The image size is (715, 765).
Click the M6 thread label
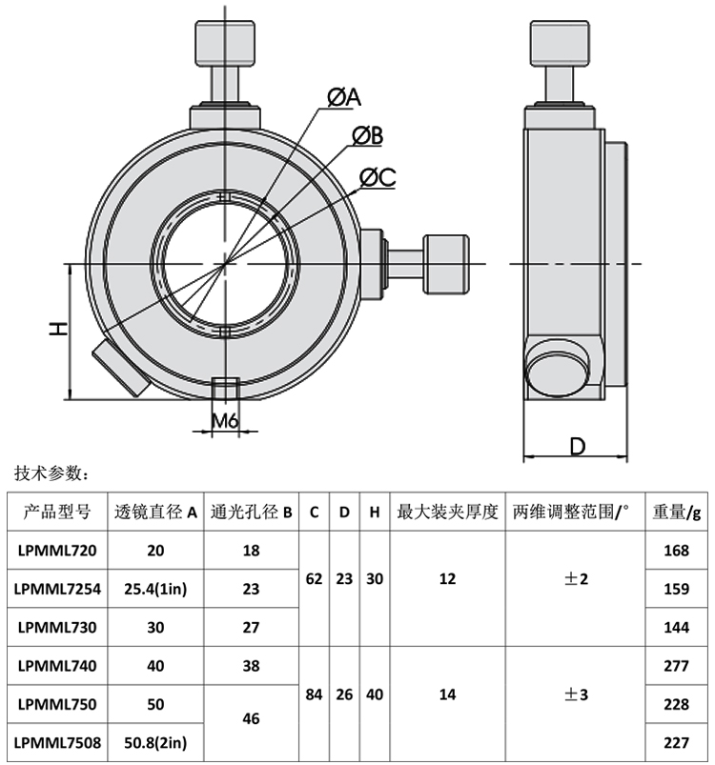click(x=225, y=420)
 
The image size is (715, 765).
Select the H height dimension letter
click(x=58, y=330)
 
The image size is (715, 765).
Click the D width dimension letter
click(x=577, y=445)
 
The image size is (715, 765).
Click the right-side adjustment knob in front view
click(x=447, y=264)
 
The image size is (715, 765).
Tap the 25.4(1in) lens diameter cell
click(x=155, y=589)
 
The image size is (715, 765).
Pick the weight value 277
click(x=675, y=666)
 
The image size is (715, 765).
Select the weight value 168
click(x=675, y=549)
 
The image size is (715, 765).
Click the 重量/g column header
click(x=676, y=512)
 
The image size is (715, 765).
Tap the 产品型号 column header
click(x=57, y=512)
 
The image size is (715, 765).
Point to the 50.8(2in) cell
click(x=155, y=742)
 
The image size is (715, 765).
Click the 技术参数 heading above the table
click(x=51, y=473)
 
